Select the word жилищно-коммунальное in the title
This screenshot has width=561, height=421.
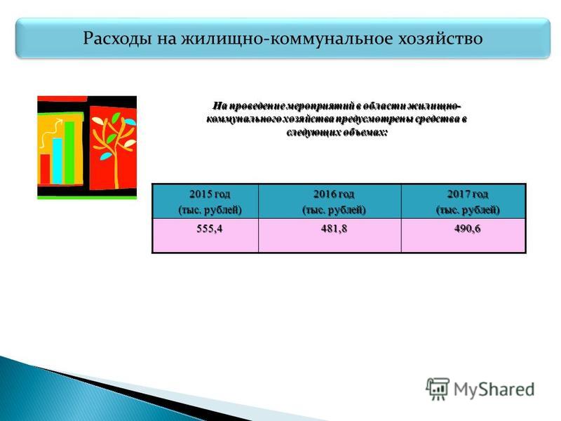click(x=286, y=39)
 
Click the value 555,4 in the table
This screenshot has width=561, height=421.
click(x=209, y=229)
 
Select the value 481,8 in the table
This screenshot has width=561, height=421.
click(x=334, y=229)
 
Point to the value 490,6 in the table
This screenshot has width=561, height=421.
click(x=467, y=229)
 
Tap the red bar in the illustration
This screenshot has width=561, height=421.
click(x=45, y=169)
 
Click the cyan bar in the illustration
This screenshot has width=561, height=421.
click(x=58, y=161)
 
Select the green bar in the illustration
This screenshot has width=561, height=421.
click(x=69, y=153)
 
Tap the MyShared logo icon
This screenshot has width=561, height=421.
click(x=437, y=389)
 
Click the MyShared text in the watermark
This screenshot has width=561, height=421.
click(x=494, y=389)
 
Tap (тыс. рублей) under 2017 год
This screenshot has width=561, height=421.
click(x=468, y=210)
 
